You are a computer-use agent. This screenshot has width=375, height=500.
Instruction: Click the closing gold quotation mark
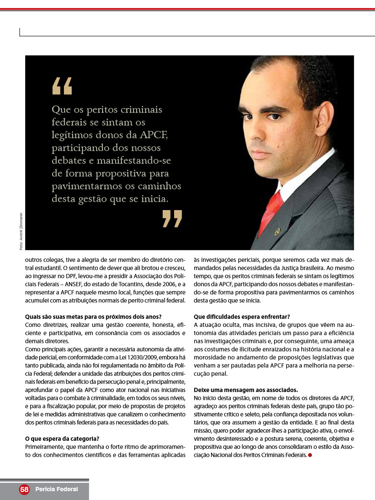click(172, 219)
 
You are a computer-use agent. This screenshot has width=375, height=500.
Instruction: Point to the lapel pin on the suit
click(277, 232)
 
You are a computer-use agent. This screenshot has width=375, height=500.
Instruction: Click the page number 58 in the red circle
click(24, 489)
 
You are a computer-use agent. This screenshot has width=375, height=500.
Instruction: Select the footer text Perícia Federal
click(57, 489)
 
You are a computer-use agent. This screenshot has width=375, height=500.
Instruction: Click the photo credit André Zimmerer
click(21, 232)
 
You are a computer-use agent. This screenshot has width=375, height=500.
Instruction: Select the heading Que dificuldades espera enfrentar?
click(242, 316)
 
